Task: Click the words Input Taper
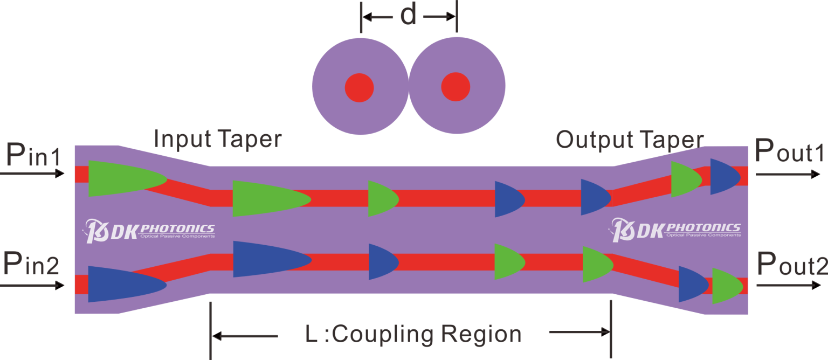[218, 139]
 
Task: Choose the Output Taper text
[630, 140]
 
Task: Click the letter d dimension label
[409, 16]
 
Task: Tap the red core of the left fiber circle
[360, 87]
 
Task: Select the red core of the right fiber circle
[456, 87]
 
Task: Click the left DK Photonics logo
[150, 230]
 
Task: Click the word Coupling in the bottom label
[387, 335]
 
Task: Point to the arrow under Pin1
[36, 174]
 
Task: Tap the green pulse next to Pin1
[121, 178]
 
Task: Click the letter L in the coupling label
[312, 335]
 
